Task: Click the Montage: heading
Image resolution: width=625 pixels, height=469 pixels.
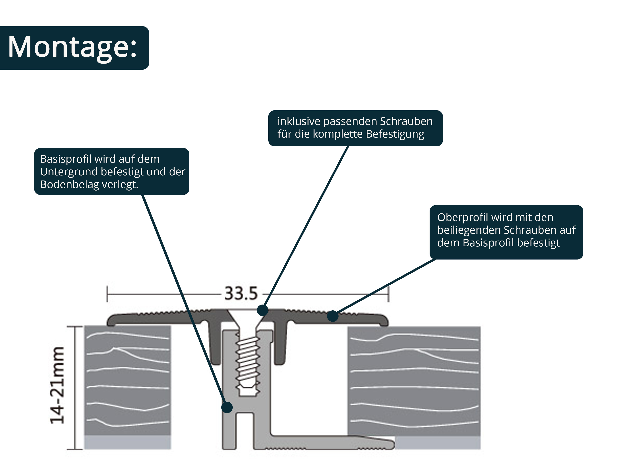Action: (x=72, y=47)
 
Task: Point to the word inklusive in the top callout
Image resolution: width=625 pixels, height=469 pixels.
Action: (x=299, y=121)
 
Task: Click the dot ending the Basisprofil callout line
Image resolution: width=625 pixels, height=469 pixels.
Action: (x=227, y=407)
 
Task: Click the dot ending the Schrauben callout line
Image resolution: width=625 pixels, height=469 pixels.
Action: (x=262, y=310)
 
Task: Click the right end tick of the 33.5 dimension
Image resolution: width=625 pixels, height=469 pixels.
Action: (x=388, y=294)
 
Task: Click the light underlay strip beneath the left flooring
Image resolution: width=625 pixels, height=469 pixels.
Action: (x=127, y=442)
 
